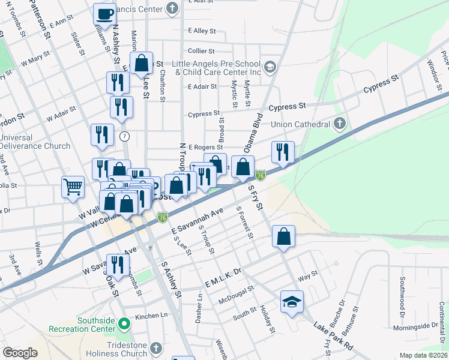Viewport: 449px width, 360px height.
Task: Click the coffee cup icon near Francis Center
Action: coord(105,14)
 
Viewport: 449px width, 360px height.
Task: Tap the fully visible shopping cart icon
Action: coord(73,186)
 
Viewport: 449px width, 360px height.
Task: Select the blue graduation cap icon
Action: coord(292,301)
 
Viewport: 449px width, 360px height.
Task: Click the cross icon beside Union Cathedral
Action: coord(340,124)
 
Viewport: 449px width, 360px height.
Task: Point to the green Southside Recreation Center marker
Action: coord(124,325)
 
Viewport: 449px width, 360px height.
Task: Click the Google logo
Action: coord(20,353)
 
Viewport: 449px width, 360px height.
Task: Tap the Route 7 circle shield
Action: coord(124,136)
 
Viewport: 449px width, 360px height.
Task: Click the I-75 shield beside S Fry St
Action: coord(260,175)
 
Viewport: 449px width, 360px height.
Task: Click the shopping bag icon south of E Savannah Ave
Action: coord(283,236)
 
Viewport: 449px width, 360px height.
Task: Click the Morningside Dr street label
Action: coord(415,326)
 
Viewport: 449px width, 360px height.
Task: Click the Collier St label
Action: coord(201,52)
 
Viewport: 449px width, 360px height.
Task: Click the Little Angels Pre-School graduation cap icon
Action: coord(270,66)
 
